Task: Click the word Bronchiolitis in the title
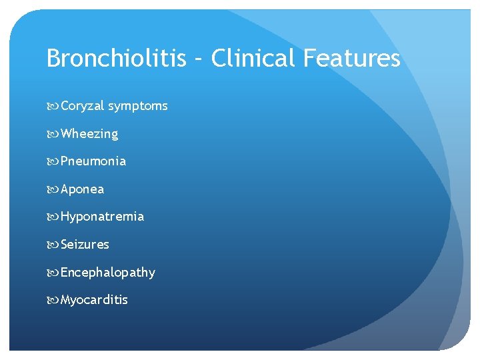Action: [117, 59]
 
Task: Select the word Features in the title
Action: [351, 59]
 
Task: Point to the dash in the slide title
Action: [199, 60]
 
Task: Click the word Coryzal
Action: [82, 106]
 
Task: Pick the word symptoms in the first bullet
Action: [138, 106]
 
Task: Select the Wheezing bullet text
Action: [89, 134]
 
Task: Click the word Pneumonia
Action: [93, 161]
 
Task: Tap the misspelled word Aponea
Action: [83, 189]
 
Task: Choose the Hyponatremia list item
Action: [102, 217]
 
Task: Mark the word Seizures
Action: [85, 245]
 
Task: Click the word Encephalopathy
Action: [108, 273]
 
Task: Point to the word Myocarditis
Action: [94, 300]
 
